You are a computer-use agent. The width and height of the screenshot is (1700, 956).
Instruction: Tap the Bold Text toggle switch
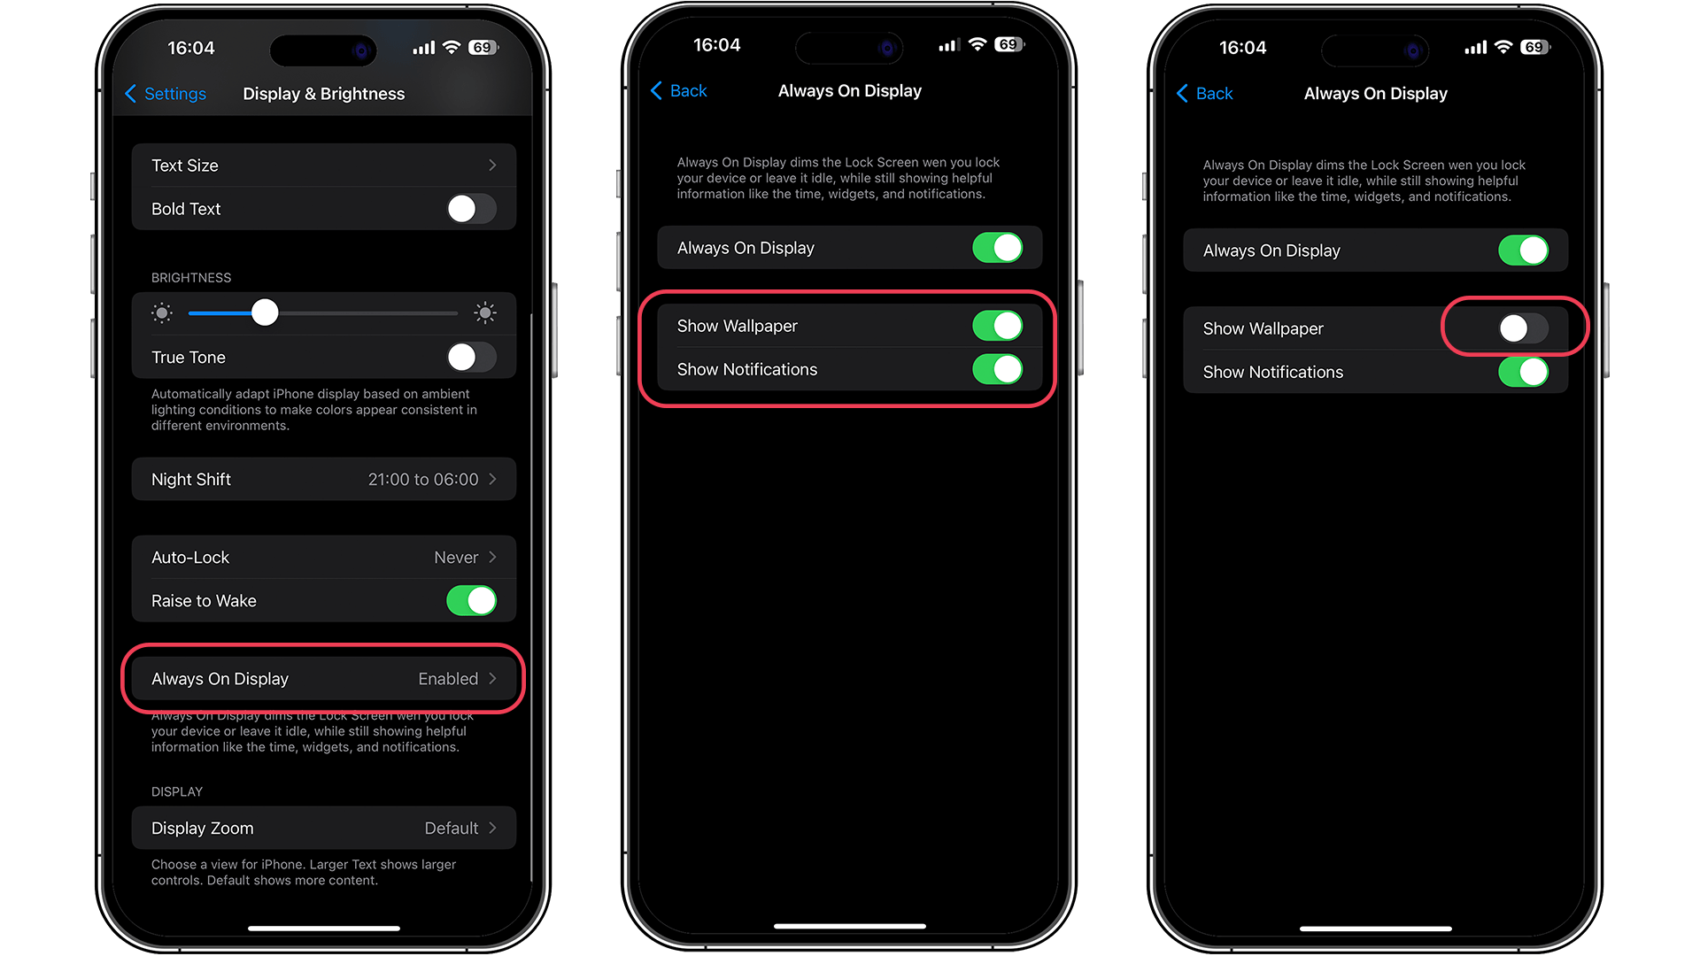[x=471, y=209]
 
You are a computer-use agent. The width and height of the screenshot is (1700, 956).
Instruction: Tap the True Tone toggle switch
[x=471, y=358]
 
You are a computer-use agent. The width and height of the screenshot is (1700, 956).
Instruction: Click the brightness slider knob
[x=265, y=312]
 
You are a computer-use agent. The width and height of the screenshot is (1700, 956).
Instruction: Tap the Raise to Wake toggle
[x=471, y=601]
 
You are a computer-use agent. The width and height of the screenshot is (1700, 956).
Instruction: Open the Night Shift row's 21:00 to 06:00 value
[x=423, y=480]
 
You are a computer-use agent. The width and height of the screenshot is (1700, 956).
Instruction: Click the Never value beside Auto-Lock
[x=456, y=558]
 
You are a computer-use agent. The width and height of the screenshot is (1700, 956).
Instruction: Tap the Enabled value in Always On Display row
[x=448, y=679]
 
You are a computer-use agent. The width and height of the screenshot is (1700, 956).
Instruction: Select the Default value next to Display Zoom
[x=451, y=829]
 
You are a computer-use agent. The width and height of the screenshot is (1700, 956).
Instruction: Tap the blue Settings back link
[x=166, y=94]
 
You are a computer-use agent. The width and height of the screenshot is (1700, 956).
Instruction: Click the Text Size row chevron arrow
[x=492, y=166]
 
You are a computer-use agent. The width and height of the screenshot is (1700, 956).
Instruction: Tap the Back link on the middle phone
[x=679, y=91]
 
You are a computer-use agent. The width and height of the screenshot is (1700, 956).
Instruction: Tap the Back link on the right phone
[x=1205, y=94]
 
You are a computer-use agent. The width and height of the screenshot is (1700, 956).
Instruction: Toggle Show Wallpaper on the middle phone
[x=997, y=326]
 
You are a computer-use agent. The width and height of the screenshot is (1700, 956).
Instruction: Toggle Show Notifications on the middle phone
[x=997, y=369]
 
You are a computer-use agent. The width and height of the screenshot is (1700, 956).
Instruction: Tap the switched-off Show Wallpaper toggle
[x=1523, y=328]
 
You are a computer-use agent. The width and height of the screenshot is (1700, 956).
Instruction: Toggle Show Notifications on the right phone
[x=1523, y=372]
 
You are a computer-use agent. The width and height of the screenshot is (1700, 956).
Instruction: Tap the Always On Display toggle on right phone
[x=1523, y=251]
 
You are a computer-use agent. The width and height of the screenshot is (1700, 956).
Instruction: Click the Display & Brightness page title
[x=324, y=94]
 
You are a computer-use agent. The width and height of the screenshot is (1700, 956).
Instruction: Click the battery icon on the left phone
[x=483, y=48]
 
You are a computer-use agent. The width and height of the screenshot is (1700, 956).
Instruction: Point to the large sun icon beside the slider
[x=484, y=312]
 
